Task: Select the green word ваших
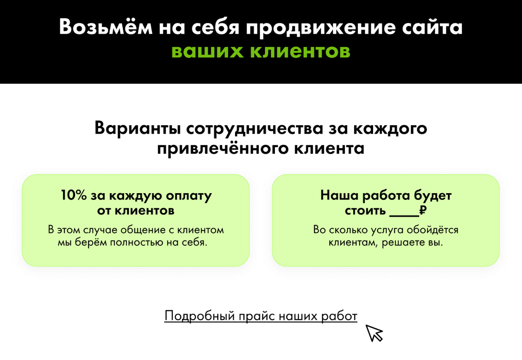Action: pos(208,51)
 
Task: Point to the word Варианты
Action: pos(138,128)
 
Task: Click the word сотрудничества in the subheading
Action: pos(255,128)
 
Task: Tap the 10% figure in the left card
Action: pos(74,195)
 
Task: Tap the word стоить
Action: pos(365,211)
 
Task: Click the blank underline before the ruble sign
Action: pos(404,216)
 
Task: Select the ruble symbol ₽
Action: pos(423,210)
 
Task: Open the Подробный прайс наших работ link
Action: pos(261,316)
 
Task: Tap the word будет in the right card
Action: pos(433,196)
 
